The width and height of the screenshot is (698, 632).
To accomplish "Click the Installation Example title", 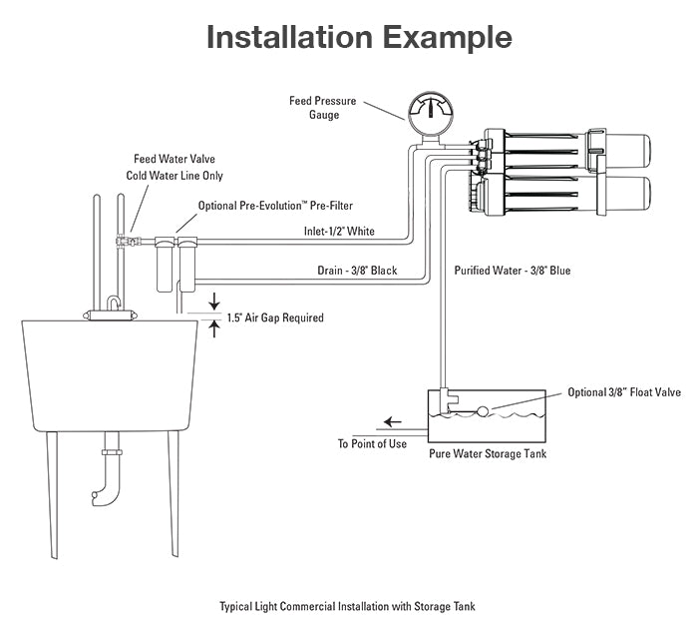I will (359, 37).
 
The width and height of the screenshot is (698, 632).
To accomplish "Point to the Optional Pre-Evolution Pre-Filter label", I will (275, 206).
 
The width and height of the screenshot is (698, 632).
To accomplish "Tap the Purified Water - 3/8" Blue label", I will (512, 271).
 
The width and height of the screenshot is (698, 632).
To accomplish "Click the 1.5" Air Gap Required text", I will (275, 318).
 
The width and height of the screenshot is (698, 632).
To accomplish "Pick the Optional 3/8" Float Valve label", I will (624, 392).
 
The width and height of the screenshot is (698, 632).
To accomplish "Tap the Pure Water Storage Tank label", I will (487, 454).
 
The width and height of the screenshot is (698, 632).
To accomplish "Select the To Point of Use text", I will (371, 444).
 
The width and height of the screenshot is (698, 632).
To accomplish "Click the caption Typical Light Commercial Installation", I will (348, 606).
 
